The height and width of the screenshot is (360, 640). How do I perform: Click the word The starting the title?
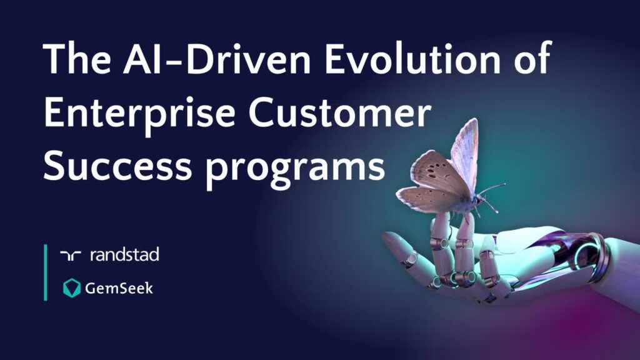point(77,58)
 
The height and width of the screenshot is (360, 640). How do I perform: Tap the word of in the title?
point(533,57)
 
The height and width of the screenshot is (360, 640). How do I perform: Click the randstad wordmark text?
point(124,255)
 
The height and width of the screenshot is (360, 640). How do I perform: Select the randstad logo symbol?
point(71,256)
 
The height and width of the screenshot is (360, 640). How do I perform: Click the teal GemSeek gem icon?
point(72,288)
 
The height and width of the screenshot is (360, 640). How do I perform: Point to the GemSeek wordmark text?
point(119,288)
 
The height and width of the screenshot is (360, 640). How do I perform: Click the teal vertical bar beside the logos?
point(45,272)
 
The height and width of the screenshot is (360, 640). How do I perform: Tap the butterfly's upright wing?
point(465,155)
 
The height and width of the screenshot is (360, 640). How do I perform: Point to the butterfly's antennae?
point(492,196)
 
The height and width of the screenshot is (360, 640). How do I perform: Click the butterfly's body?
point(469,201)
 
